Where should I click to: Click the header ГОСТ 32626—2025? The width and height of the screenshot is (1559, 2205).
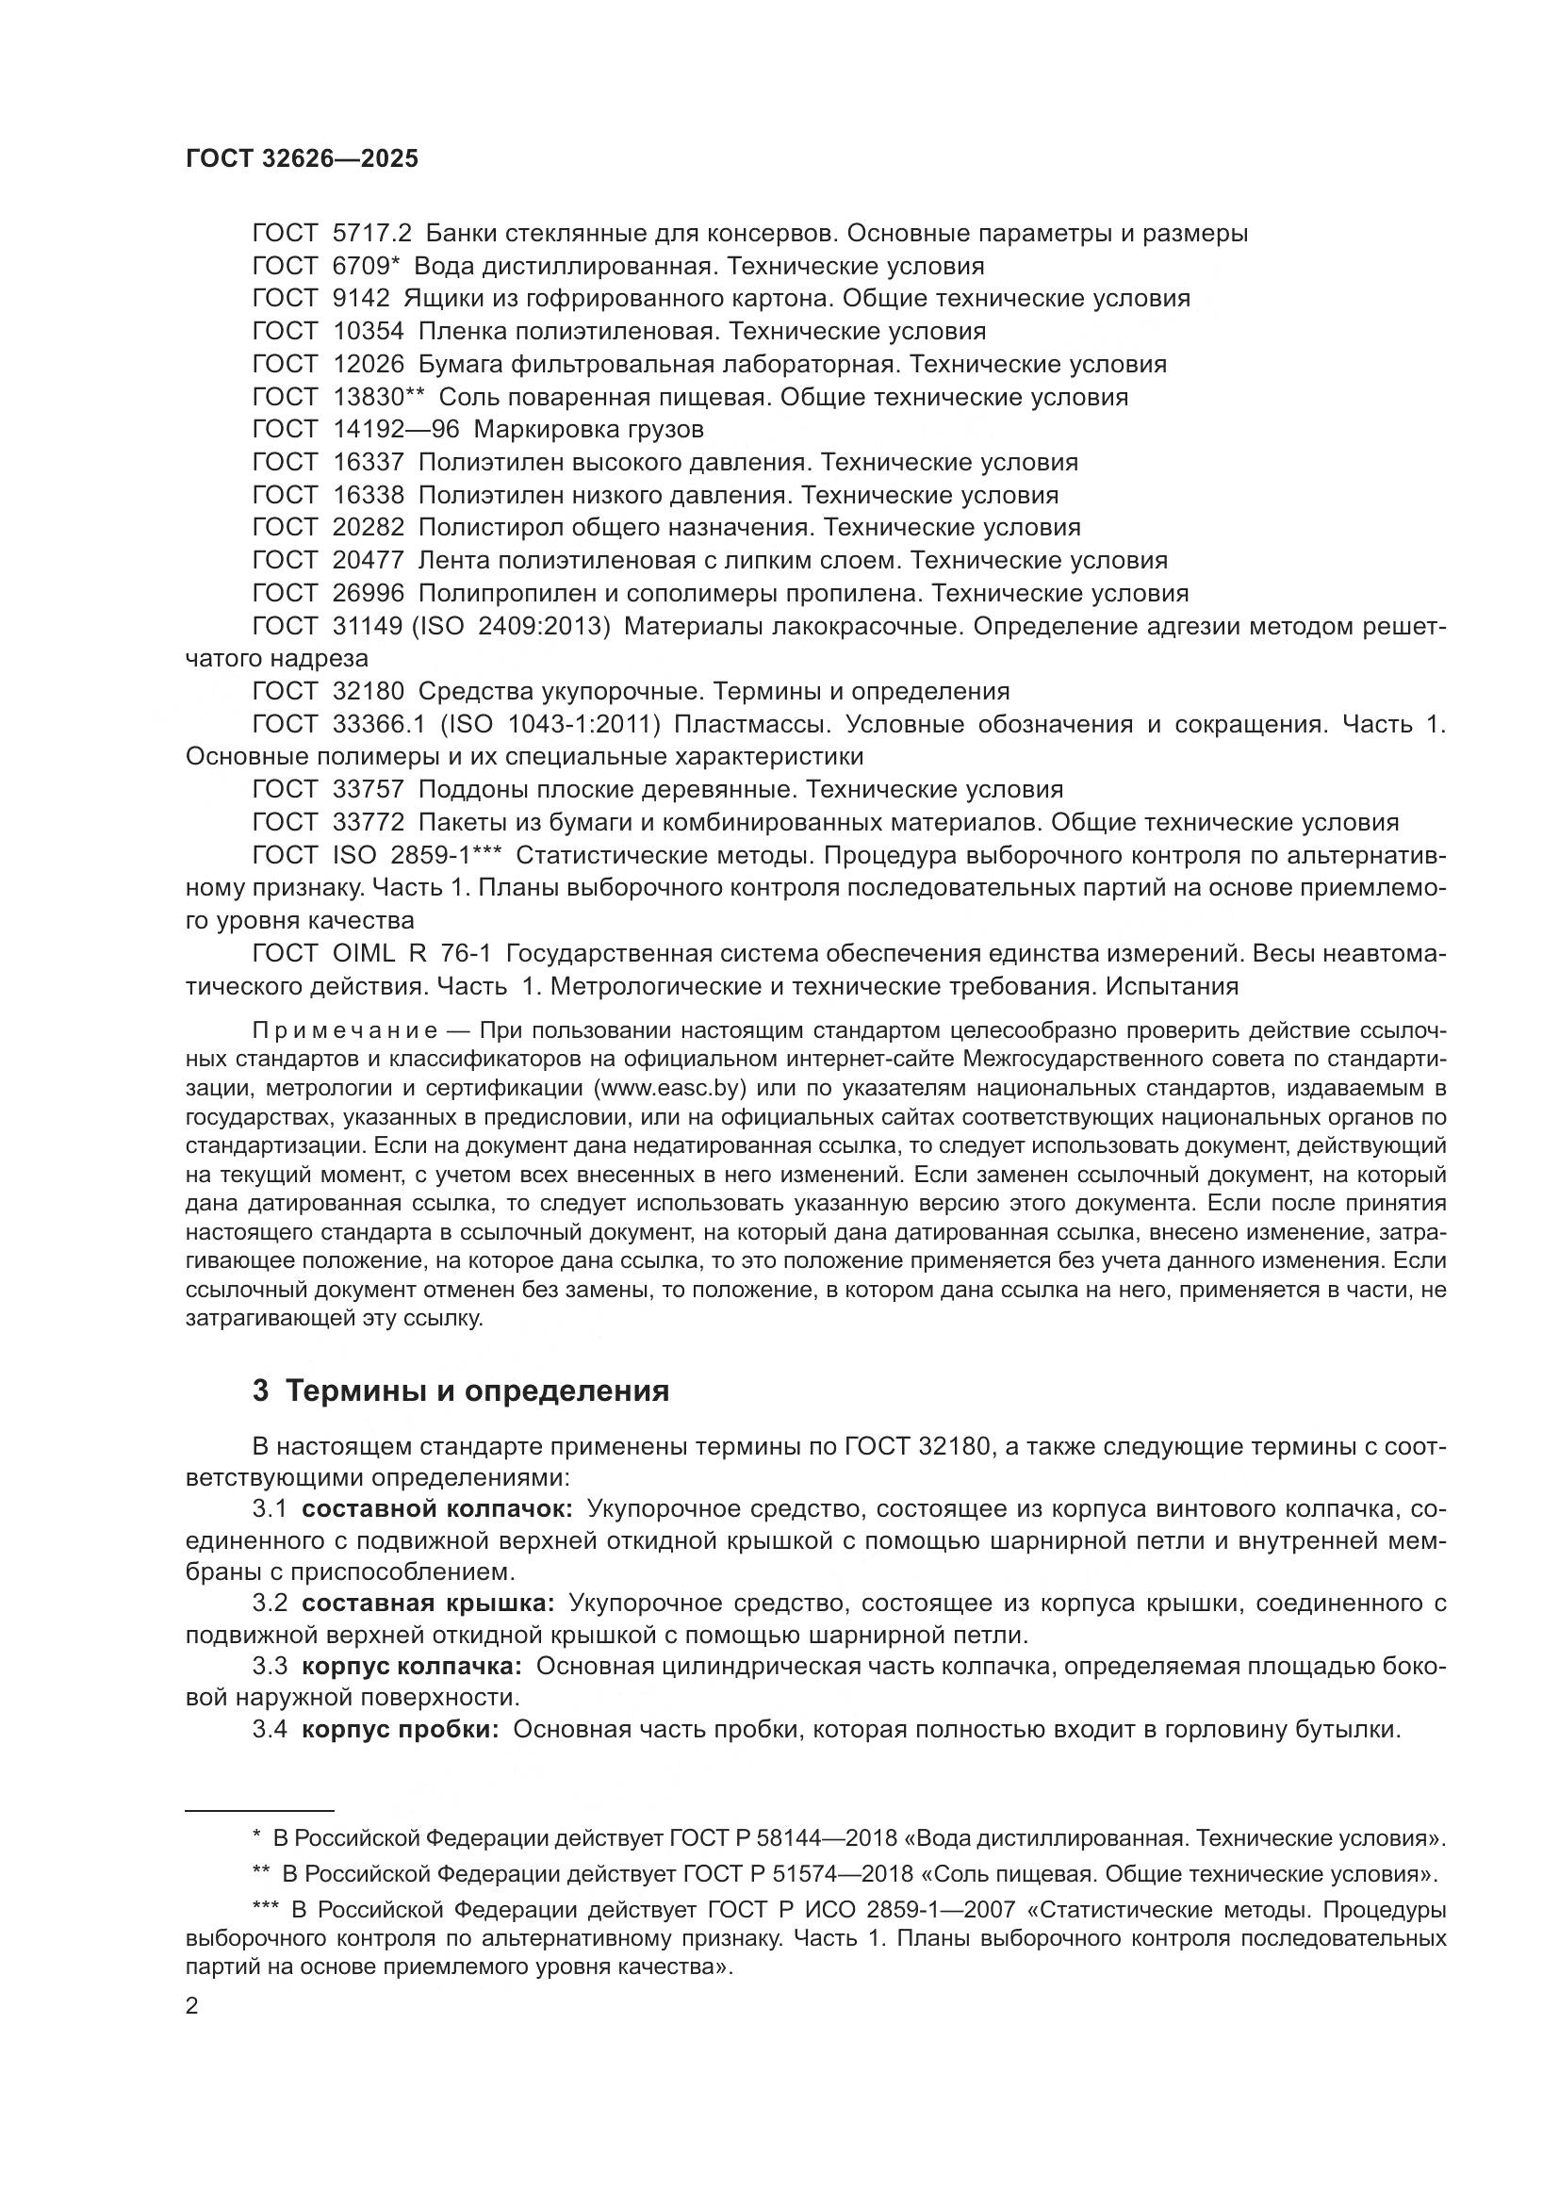click(x=302, y=159)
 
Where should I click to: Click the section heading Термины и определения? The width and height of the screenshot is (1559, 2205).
click(x=476, y=1390)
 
